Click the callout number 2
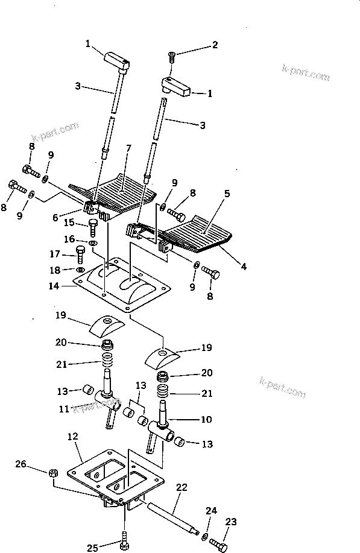[215, 45]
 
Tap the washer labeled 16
[93, 242]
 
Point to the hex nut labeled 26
[52, 472]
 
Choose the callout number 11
[64, 408]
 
